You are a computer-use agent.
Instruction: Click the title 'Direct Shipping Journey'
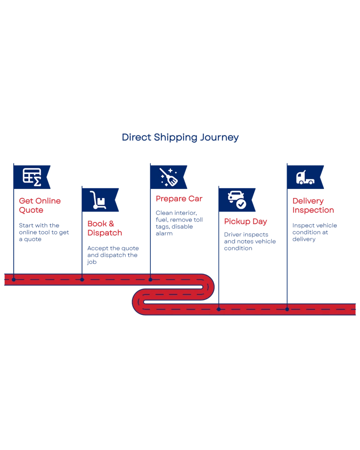(180, 138)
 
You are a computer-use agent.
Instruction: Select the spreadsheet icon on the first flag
(32, 177)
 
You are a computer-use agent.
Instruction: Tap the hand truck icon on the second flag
(98, 200)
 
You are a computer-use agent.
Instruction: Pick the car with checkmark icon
(237, 200)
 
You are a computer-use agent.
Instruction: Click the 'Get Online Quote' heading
(40, 206)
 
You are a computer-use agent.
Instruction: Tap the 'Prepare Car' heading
(179, 198)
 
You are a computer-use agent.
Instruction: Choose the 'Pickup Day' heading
(245, 222)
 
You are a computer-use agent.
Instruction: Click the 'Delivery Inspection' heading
(313, 206)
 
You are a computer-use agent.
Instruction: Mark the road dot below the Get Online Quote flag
(13, 279)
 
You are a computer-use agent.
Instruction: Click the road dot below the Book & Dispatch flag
(82, 279)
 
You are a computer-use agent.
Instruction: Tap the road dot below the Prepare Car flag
(150, 279)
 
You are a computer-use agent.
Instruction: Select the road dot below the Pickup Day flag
(219, 309)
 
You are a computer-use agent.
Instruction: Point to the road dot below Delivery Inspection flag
(287, 309)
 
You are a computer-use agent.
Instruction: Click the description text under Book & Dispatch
(112, 256)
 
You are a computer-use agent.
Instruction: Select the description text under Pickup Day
(250, 241)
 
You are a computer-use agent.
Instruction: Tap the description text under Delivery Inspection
(315, 233)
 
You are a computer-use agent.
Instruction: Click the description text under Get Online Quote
(44, 232)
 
